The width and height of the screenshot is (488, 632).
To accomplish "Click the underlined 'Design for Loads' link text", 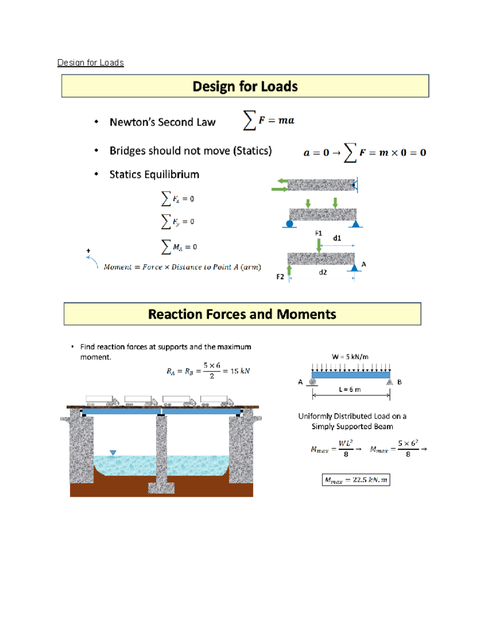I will (x=90, y=63).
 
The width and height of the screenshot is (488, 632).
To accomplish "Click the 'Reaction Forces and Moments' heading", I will (x=242, y=314).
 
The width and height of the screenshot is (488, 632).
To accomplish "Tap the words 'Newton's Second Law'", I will (x=162, y=122).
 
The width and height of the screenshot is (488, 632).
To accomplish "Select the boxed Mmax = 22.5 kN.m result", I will (x=356, y=480).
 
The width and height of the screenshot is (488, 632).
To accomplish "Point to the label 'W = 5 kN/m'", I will (x=350, y=357).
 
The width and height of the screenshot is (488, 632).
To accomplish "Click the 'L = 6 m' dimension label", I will (x=350, y=389).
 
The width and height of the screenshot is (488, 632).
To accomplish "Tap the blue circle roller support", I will (x=290, y=223).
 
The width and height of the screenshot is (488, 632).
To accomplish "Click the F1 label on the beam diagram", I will (x=318, y=233).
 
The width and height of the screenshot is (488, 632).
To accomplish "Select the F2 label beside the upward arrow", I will (x=280, y=277).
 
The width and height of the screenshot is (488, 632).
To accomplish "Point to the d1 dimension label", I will (x=337, y=238).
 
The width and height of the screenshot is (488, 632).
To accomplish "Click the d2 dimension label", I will (x=323, y=272).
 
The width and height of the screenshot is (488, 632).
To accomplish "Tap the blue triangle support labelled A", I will (x=355, y=267).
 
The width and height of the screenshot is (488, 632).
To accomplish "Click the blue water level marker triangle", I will (x=113, y=453).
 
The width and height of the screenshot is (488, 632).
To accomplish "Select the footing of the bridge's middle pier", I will (x=161, y=488).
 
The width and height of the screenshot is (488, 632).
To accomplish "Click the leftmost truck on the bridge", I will (x=102, y=401).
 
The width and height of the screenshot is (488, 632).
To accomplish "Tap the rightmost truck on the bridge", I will (x=217, y=401).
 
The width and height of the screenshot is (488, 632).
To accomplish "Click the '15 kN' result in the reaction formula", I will (x=240, y=371).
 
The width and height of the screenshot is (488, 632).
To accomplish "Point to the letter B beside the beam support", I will (x=399, y=382).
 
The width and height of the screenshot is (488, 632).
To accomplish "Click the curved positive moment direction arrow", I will (x=93, y=262).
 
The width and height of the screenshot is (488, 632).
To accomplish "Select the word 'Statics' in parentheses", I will (x=252, y=151).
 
